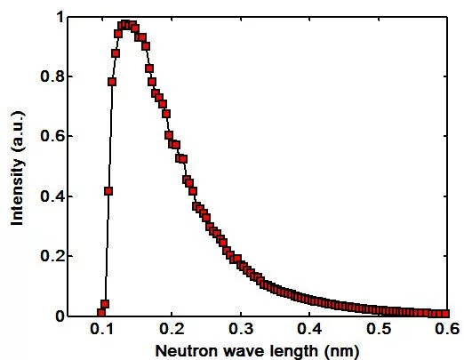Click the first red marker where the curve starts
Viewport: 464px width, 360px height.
click(x=101, y=313)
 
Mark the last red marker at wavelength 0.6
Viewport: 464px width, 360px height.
click(x=446, y=313)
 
